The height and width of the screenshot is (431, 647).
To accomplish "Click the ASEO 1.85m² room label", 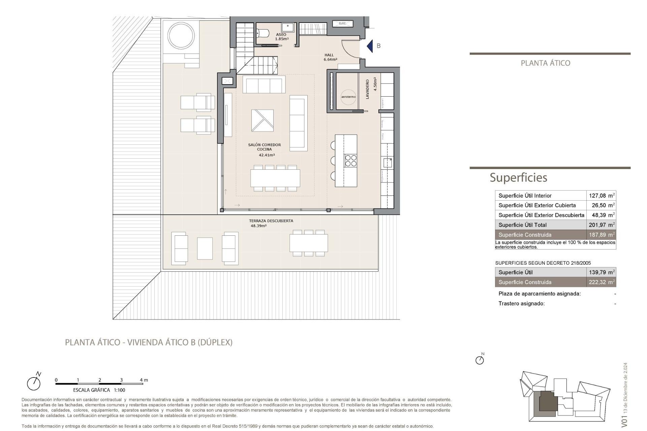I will (x=281, y=37).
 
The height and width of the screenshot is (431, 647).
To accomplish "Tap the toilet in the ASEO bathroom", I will (x=263, y=33).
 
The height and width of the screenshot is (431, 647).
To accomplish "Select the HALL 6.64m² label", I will (x=330, y=57).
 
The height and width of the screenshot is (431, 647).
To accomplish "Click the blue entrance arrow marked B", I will (x=370, y=46).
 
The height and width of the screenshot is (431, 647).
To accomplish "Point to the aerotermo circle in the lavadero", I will (x=348, y=97).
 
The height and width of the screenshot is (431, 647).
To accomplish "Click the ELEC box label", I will (x=342, y=23).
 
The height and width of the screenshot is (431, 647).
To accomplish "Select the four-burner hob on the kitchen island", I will (x=350, y=160).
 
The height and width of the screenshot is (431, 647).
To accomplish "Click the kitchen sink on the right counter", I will (x=388, y=163).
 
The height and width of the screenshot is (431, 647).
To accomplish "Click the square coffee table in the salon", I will (x=262, y=120).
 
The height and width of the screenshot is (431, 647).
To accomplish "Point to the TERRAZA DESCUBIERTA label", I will (x=271, y=221).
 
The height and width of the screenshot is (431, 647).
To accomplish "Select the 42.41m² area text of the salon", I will (x=267, y=155).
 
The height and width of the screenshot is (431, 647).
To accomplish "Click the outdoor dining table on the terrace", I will (x=308, y=243).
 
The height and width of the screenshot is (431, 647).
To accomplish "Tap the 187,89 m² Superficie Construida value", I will (x=601, y=235).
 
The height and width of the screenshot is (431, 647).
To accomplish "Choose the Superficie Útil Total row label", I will (x=522, y=225).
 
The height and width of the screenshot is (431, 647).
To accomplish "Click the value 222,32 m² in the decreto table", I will (x=601, y=282).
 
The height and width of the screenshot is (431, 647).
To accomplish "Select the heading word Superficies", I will (x=518, y=177).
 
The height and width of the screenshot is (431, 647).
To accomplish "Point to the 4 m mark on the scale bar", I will (x=144, y=380).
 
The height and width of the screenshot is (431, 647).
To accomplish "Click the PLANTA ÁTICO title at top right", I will (x=545, y=63).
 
